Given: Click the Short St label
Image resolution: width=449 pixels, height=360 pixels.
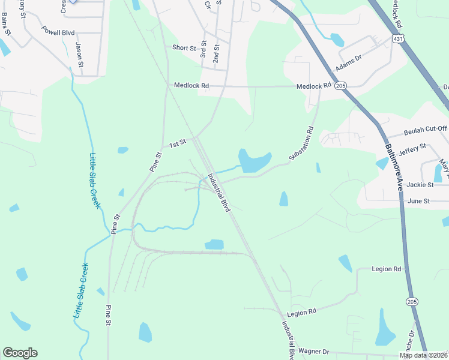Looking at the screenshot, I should pos(184,48).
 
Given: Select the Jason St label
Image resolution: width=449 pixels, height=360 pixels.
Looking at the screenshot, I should pos(79,51).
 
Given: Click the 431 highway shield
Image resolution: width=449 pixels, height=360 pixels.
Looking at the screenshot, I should pos(398,38).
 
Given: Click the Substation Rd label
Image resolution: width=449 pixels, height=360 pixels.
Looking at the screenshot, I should pos(301,143).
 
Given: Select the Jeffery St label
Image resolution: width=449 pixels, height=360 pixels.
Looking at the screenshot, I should pos(412,148).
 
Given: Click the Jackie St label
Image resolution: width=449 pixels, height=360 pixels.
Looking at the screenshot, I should pos(420,185).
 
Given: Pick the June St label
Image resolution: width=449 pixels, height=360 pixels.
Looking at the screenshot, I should pos(418,201).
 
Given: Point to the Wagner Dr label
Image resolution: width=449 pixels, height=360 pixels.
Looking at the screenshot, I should pos(314,351).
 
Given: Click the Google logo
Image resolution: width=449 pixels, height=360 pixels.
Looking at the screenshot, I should pos(20,353).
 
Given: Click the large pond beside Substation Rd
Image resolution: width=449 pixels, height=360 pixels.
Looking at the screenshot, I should pos(254,160).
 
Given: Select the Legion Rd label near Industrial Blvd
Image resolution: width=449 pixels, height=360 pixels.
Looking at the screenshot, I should pos(301,313).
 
